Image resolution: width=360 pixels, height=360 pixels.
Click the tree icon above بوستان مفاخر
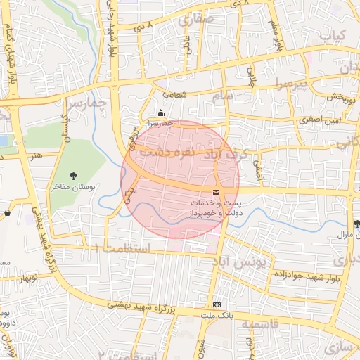tap(74, 176)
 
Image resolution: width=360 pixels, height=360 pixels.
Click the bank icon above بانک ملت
tap(217, 304)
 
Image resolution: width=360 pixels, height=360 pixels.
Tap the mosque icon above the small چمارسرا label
tap(160, 113)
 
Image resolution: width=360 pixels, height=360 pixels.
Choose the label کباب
tap(333, 34)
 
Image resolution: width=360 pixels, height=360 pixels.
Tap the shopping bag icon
tap(7, 212)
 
